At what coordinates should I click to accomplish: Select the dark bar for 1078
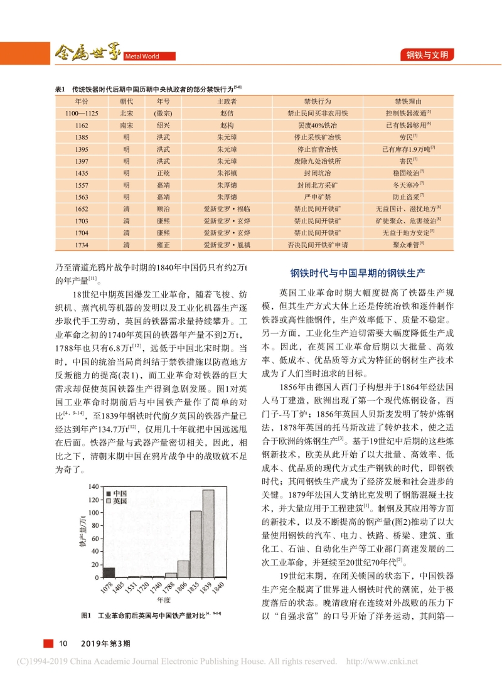tap(109, 572)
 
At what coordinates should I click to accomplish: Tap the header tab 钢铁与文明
tap(427, 55)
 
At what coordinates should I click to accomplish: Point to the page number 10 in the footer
tap(63, 644)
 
